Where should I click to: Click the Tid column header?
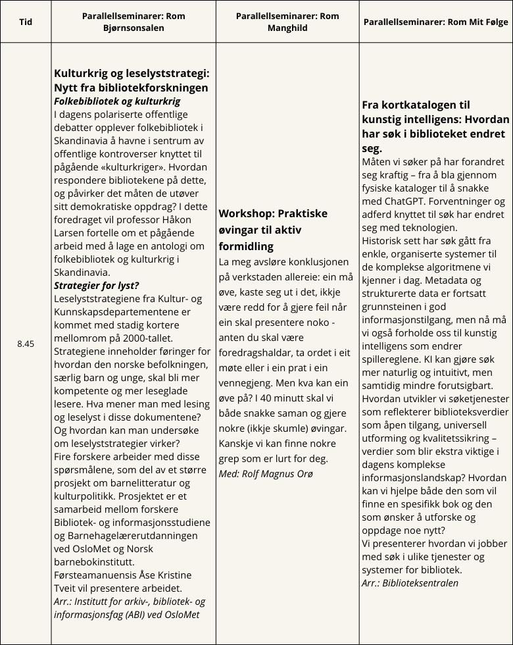click(x=26, y=22)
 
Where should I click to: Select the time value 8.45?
click(x=26, y=344)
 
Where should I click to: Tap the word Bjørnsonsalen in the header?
click(x=134, y=28)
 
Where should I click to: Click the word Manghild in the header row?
click(x=287, y=28)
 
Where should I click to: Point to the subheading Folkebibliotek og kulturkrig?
click(x=117, y=101)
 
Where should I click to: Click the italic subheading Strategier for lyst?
click(x=96, y=285)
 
